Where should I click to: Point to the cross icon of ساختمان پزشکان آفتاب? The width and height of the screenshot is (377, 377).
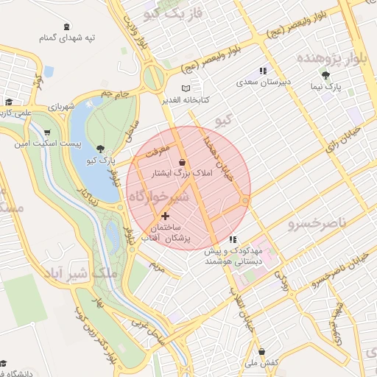pos(165,216)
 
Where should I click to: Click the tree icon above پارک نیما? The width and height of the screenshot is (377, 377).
pos(325,74)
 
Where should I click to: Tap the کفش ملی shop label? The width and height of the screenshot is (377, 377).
pos(261,364)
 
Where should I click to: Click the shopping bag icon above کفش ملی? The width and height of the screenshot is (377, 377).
pos(262,351)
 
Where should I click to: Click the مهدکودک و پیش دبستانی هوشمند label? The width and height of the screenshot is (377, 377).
pos(233,256)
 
